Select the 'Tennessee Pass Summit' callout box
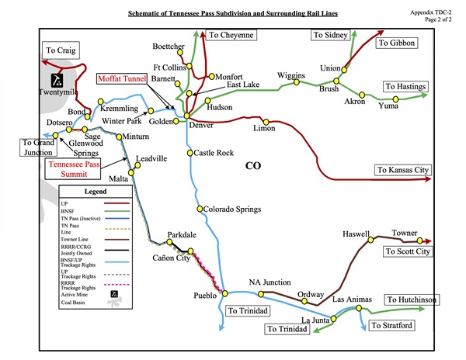click(x=79, y=170)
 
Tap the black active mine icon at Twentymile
click(x=56, y=80)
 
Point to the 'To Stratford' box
click(x=391, y=324)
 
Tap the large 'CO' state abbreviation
click(x=253, y=165)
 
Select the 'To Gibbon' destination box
click(x=396, y=43)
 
